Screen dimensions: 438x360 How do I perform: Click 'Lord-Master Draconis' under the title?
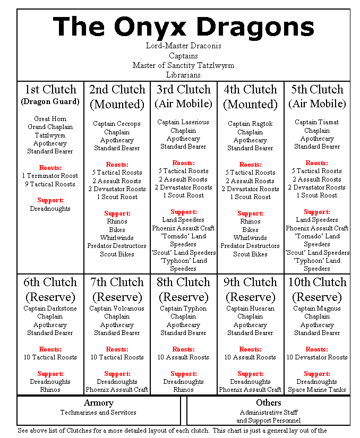(x=183, y=46)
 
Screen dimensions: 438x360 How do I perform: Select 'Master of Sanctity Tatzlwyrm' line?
(x=183, y=65)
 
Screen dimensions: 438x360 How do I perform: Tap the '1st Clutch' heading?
(x=50, y=89)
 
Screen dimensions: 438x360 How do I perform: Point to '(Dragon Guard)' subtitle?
(x=50, y=101)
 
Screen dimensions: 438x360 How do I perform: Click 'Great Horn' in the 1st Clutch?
(x=50, y=119)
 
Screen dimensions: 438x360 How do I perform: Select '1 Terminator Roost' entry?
(x=50, y=176)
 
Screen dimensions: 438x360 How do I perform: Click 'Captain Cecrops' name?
(x=117, y=124)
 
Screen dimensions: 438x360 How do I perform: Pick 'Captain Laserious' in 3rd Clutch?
(x=183, y=122)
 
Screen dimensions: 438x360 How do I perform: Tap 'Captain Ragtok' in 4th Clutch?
(x=250, y=124)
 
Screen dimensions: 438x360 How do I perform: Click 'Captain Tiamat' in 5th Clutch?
(x=317, y=122)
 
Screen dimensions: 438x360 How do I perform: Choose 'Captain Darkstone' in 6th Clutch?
(x=50, y=308)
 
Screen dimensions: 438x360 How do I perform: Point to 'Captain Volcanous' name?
(x=117, y=308)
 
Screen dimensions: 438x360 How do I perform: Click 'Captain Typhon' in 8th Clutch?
(x=183, y=308)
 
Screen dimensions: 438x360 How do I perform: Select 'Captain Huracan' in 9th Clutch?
(x=250, y=308)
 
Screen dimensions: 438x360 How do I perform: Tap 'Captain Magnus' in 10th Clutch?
(x=317, y=308)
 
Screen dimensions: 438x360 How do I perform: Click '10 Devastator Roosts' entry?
(x=317, y=357)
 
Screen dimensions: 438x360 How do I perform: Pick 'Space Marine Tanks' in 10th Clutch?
(x=317, y=390)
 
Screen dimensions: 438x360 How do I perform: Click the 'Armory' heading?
(x=98, y=403)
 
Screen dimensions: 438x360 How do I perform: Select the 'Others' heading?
(x=268, y=403)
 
